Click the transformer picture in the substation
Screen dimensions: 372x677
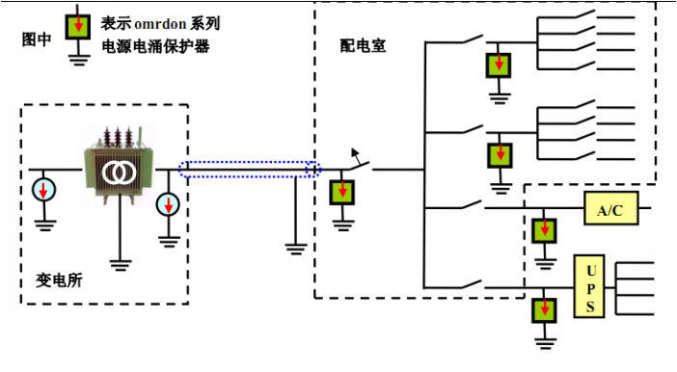120,170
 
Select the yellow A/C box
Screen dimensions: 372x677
609,208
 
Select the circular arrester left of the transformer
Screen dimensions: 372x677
43,188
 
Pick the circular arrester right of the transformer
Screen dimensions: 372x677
169,204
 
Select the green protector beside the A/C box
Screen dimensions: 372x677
546,229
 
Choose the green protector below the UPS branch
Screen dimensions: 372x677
546,310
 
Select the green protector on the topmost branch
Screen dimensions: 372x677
500,66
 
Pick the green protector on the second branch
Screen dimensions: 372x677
500,154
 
